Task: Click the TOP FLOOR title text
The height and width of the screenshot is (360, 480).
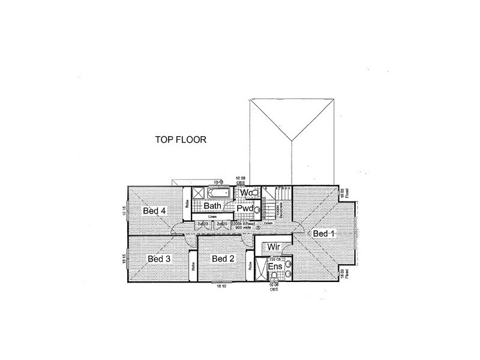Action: [181, 141]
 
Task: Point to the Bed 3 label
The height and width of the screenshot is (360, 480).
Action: [159, 259]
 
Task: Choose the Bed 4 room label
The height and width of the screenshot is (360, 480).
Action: [154, 211]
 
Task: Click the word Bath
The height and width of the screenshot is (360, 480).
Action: [213, 206]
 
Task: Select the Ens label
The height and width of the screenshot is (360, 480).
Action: [275, 266]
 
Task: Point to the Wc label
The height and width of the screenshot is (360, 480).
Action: [245, 193]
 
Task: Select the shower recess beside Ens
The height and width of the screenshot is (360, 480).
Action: [261, 269]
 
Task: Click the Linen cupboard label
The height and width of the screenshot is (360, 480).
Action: [212, 217]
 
